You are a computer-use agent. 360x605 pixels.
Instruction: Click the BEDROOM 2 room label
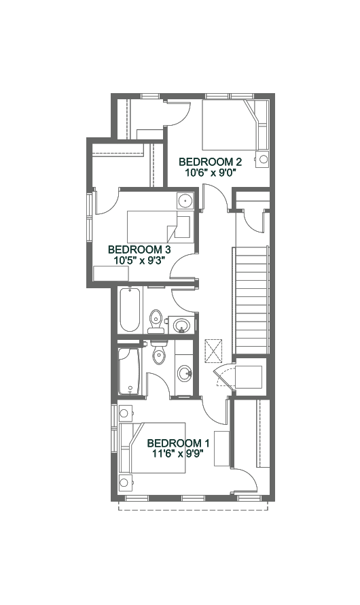click(x=210, y=161)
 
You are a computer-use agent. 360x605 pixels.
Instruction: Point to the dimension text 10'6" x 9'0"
click(x=211, y=172)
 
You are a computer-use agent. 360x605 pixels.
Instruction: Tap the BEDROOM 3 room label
click(x=139, y=249)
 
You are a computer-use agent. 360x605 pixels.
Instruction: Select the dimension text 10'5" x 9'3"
click(x=139, y=260)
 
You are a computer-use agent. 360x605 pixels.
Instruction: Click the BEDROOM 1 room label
click(x=179, y=443)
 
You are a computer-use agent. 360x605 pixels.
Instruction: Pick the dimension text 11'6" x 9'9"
click(x=179, y=453)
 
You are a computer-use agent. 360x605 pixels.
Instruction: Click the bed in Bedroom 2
click(x=235, y=125)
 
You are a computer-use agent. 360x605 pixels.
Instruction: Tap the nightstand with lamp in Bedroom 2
click(x=263, y=159)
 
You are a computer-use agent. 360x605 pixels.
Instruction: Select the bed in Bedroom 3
click(x=159, y=227)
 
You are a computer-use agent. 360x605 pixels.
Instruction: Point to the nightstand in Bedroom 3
click(x=185, y=201)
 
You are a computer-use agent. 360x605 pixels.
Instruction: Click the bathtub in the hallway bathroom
click(x=129, y=309)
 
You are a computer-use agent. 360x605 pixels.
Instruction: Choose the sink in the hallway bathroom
click(x=181, y=325)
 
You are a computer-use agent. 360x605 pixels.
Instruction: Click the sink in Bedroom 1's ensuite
click(x=185, y=373)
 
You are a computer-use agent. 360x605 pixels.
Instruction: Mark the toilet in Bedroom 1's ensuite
click(x=159, y=352)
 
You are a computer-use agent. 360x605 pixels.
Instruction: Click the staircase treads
click(x=251, y=300)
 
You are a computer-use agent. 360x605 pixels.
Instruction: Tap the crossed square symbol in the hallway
click(x=213, y=351)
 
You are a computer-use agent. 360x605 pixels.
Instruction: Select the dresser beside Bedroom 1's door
click(x=222, y=449)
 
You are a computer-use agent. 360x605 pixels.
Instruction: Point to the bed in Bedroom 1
click(x=153, y=447)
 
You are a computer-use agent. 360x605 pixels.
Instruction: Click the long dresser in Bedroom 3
click(x=111, y=273)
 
